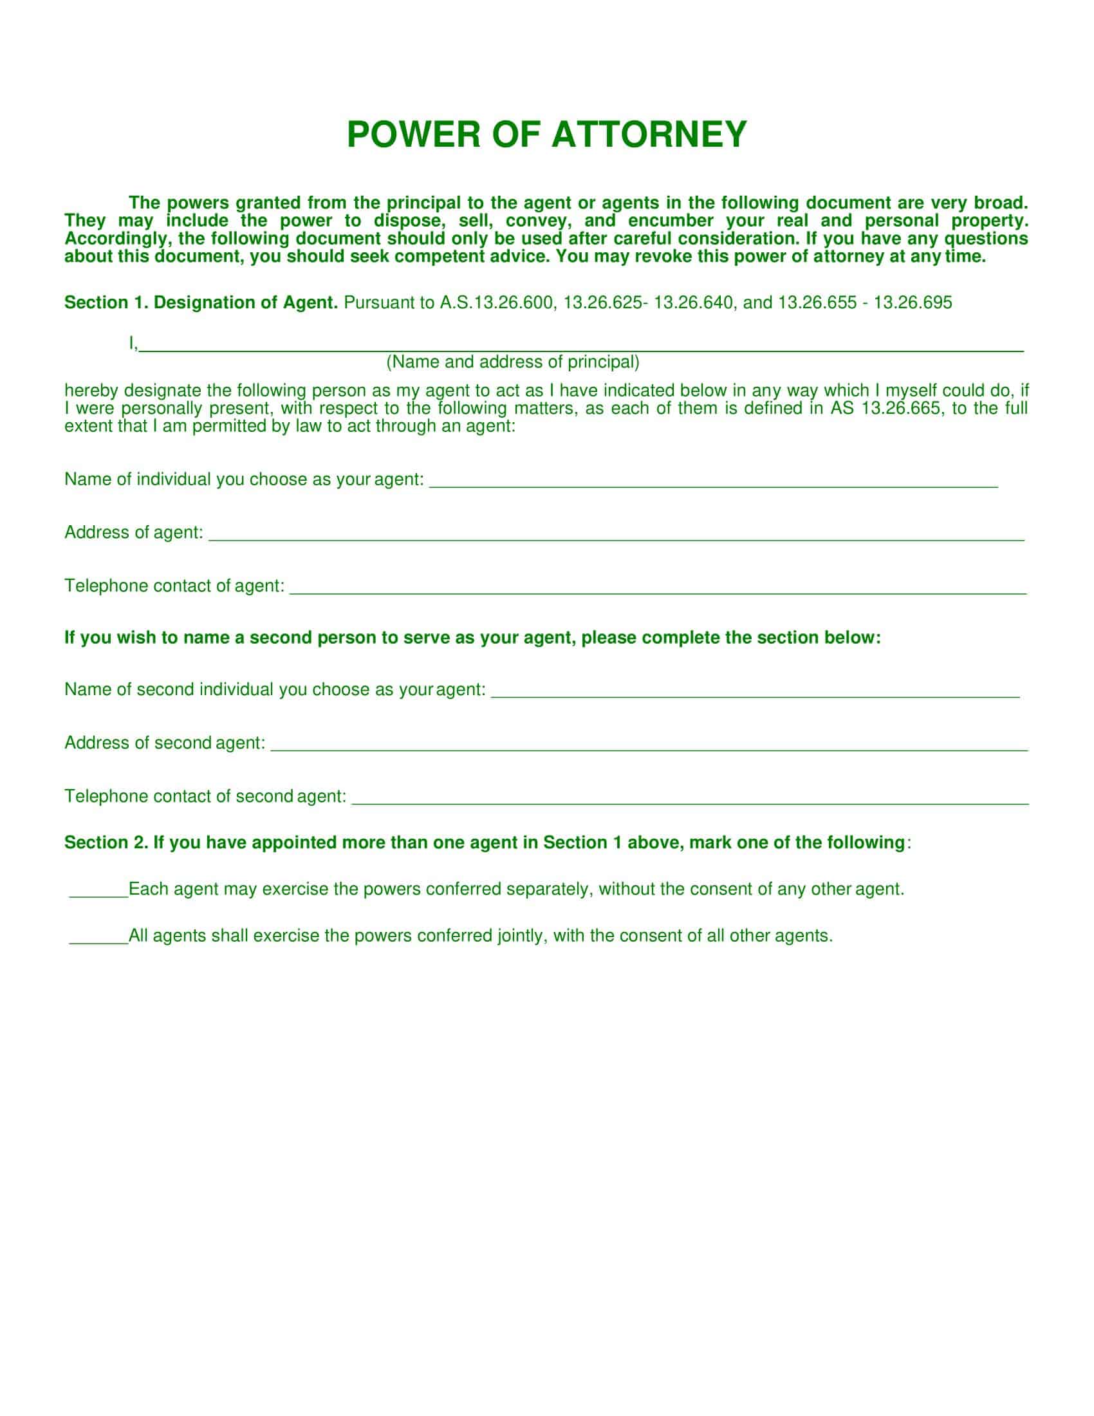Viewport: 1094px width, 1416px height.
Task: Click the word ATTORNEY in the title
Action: pos(649,135)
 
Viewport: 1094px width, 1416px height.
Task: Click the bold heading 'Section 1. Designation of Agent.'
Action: pos(201,303)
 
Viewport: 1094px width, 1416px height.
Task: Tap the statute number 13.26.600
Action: pos(514,303)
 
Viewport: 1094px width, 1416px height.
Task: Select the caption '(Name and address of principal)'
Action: pos(513,362)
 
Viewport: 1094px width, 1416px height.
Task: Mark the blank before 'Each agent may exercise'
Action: pos(98,892)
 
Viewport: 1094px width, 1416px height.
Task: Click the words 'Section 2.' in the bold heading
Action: pos(106,843)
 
